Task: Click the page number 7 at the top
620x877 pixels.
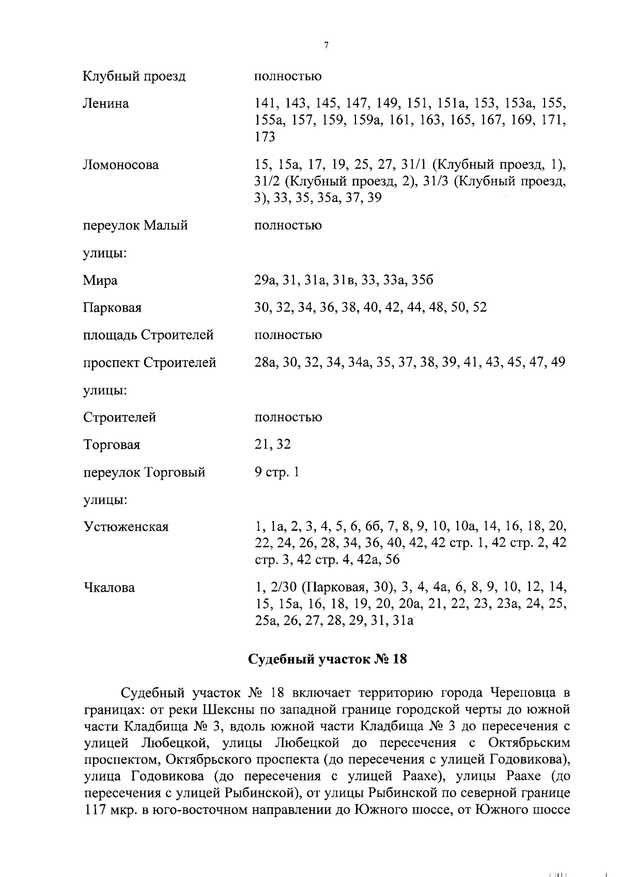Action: pos(326,45)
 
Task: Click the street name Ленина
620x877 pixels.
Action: pos(106,104)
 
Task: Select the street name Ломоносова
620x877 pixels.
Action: pos(121,165)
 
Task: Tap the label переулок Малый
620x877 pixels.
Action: pos(135,226)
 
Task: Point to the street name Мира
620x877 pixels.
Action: pos(100,281)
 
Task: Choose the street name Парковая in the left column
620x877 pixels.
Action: pos(112,308)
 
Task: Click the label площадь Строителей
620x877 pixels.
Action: pos(148,335)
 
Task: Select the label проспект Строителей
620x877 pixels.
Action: pos(150,363)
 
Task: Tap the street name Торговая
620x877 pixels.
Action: pos(112,445)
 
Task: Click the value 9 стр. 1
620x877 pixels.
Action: pos(277,472)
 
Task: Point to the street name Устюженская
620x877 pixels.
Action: pos(126,527)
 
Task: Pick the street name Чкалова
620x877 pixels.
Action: pos(109,588)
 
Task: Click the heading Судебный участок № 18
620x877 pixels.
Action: pos(328,659)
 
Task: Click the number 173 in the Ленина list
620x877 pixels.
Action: pos(265,137)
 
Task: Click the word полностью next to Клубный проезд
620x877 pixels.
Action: pos(288,76)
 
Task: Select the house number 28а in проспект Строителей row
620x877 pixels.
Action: pos(266,363)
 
